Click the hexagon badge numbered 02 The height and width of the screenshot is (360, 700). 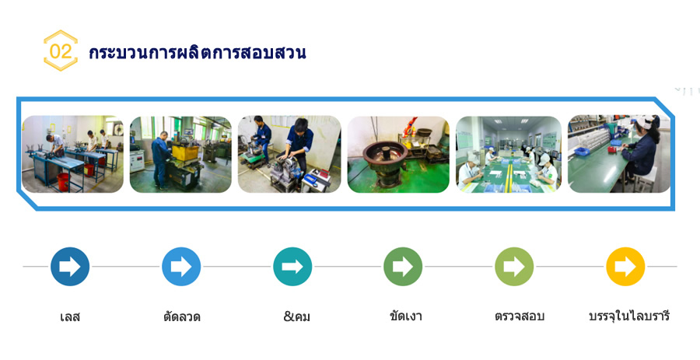tap(60, 51)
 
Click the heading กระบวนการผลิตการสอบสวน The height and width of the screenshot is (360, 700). tap(198, 52)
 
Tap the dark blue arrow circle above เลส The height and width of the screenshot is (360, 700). tap(70, 267)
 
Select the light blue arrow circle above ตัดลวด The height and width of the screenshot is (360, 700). tap(181, 267)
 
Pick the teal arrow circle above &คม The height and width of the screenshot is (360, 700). tap(292, 267)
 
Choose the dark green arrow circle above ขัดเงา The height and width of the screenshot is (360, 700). tap(403, 267)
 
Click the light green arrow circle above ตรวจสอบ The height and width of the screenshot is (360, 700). tap(514, 267)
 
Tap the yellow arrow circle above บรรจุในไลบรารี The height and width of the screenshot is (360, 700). tap(625, 267)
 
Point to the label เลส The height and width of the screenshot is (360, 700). tap(70, 316)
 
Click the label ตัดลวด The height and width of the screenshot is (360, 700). tap(182, 316)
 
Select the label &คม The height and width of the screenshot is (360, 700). tap(297, 316)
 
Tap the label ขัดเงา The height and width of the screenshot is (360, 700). tap(406, 316)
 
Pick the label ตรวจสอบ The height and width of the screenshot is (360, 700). tap(520, 316)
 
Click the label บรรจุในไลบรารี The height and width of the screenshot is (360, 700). tap(629, 316)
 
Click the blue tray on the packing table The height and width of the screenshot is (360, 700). tap(582, 152)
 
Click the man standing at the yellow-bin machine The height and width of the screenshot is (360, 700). tap(161, 159)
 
